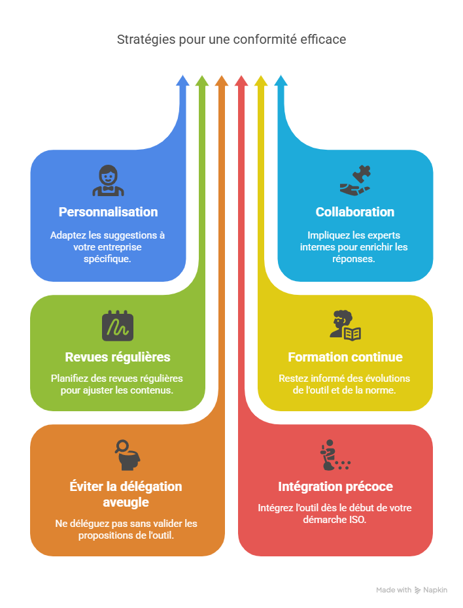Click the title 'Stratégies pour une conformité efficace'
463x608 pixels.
tap(231, 40)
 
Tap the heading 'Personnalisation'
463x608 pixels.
tap(108, 212)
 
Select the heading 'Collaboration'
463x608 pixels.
tap(354, 212)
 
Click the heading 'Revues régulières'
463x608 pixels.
tap(118, 357)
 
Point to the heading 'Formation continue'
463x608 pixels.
tap(345, 357)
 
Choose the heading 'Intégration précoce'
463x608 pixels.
tap(335, 486)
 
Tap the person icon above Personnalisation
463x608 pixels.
tap(108, 181)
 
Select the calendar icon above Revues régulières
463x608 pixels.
tap(118, 326)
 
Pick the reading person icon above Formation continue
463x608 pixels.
tap(345, 326)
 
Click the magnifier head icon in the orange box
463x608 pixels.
tap(126, 456)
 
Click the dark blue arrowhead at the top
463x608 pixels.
tap(182, 81)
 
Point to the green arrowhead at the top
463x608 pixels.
tap(202, 81)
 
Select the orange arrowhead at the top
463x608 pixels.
tap(222, 81)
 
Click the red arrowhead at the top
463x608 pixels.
tap(241, 81)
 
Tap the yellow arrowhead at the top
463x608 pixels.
tap(261, 81)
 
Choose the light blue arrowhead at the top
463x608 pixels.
tap(281, 81)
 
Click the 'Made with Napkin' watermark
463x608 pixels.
tap(412, 590)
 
